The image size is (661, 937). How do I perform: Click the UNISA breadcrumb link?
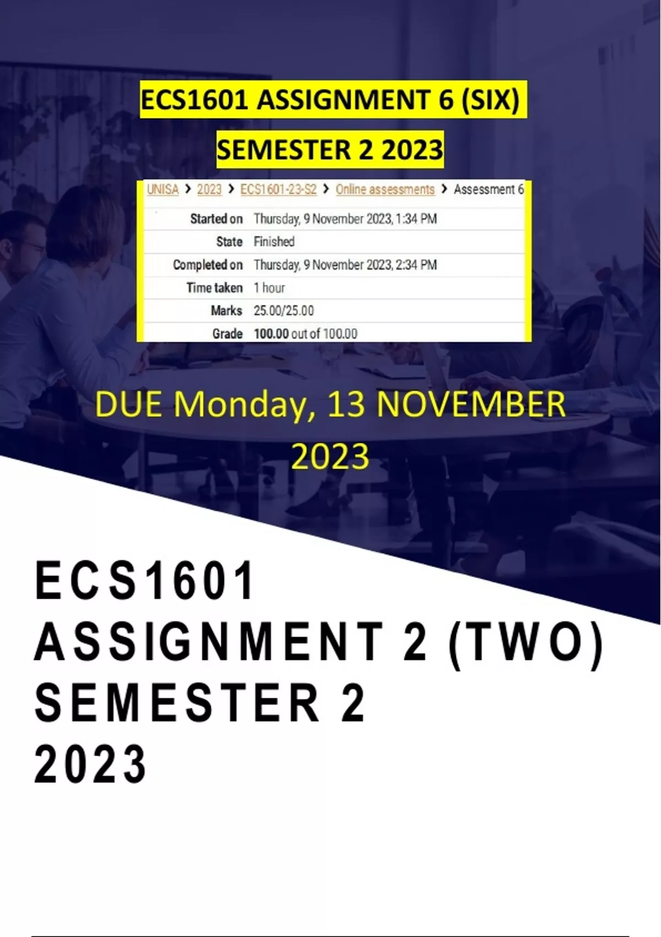[x=162, y=190]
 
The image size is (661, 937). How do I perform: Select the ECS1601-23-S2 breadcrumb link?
[x=279, y=190]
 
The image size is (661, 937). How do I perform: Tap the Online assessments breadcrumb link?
[x=385, y=190]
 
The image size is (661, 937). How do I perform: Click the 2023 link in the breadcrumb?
[x=209, y=190]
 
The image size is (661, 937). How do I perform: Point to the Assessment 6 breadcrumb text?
[x=489, y=190]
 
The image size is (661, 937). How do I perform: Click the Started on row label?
[x=216, y=219]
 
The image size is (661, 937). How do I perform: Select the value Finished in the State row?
[x=274, y=241]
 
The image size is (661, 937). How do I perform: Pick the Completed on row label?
[x=208, y=265]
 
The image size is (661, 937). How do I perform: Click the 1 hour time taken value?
[x=269, y=288]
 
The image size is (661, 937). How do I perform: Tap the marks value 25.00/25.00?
[x=284, y=310]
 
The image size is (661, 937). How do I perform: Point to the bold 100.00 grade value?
[x=271, y=333]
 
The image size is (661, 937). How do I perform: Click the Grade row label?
[x=227, y=333]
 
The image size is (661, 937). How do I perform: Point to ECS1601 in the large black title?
[x=144, y=580]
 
